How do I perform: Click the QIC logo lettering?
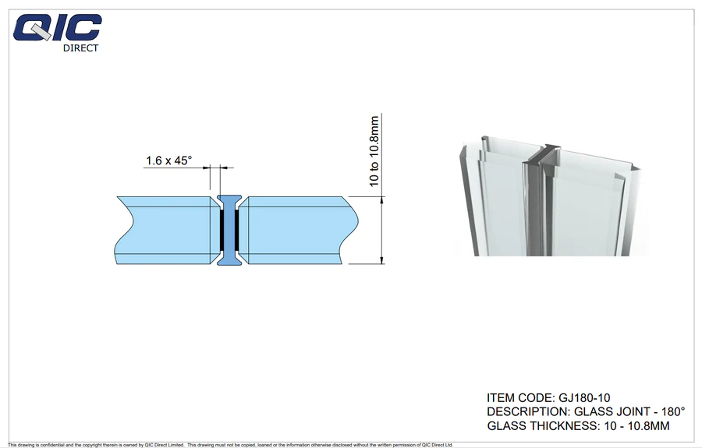[57, 28]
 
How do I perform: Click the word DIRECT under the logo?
[80, 48]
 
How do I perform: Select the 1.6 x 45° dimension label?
[168, 160]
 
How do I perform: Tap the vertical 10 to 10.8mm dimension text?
[374, 151]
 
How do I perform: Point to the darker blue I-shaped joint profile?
[229, 231]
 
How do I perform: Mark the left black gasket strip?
[222, 231]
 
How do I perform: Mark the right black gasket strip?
[237, 231]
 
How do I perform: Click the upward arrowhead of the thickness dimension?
[382, 200]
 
